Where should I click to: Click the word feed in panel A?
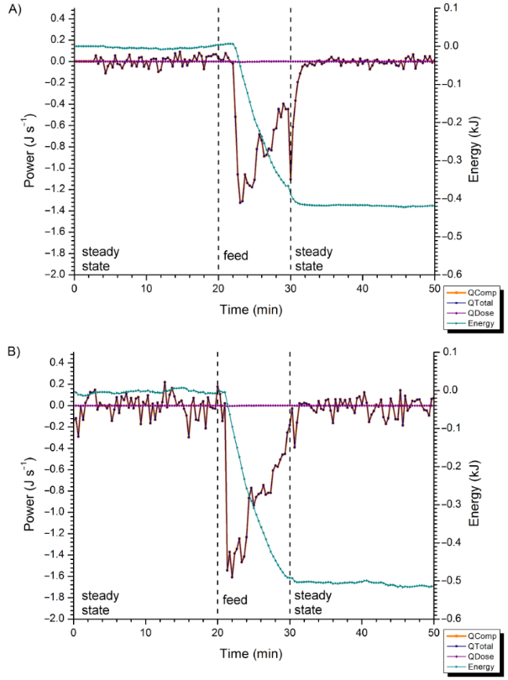[x=236, y=254]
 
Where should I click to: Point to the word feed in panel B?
[x=236, y=601]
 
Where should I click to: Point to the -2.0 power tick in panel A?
[x=55, y=274]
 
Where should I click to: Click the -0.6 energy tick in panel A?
[x=452, y=274]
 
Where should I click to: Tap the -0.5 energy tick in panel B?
[x=452, y=580]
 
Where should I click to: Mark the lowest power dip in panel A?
[x=240, y=203]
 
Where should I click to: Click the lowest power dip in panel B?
[x=232, y=578]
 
